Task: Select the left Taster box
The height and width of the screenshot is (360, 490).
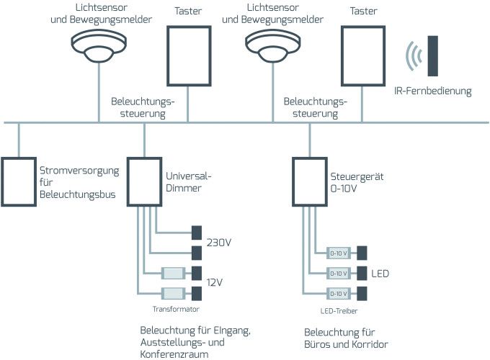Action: coord(188,57)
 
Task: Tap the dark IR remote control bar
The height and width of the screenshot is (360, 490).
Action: coord(433,55)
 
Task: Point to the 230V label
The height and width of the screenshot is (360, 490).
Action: coord(219,242)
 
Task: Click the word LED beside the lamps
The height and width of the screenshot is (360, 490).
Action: coord(380,274)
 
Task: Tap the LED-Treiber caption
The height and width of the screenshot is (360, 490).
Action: coord(339,310)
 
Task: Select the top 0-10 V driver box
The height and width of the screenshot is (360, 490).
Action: coord(339,253)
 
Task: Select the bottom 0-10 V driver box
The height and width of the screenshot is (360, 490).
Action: coord(339,294)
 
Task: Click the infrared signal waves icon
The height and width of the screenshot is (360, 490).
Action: coord(413,55)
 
